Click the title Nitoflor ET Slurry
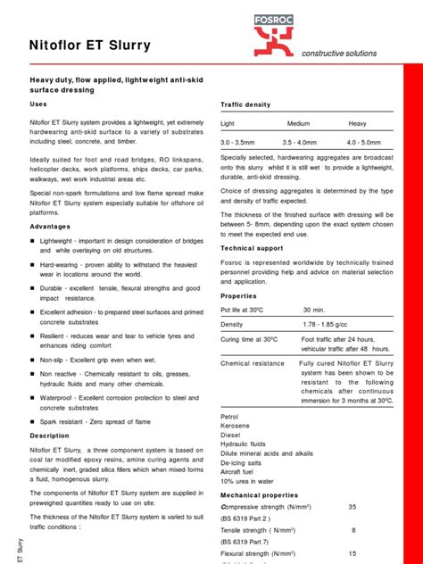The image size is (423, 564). coord(90,46)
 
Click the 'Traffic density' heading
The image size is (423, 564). coord(245,105)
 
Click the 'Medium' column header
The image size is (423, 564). coord(298,123)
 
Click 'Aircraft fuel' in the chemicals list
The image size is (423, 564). coord(241,469)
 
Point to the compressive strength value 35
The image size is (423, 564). coord(352,507)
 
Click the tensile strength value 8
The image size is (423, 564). coord(353,530)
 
